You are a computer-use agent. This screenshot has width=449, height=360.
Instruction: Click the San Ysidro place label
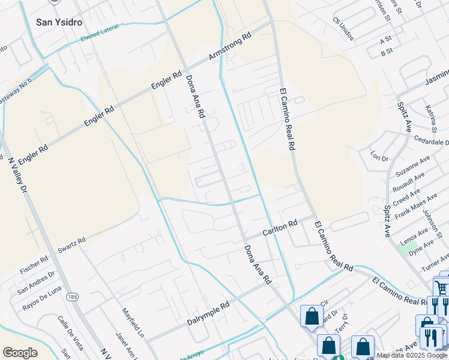click(x=58, y=22)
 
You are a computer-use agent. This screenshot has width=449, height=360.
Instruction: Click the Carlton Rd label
click(x=280, y=229)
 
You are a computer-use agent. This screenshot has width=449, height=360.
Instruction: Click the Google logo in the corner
click(x=20, y=353)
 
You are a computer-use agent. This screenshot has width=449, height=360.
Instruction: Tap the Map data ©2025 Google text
click(x=412, y=355)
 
